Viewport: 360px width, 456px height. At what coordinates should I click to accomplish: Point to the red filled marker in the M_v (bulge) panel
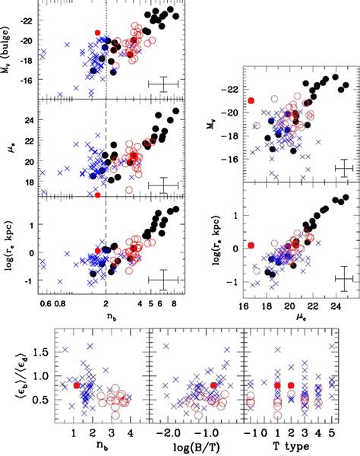pos(97,33)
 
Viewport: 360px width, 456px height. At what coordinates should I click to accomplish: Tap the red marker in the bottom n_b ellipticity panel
pos(77,385)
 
